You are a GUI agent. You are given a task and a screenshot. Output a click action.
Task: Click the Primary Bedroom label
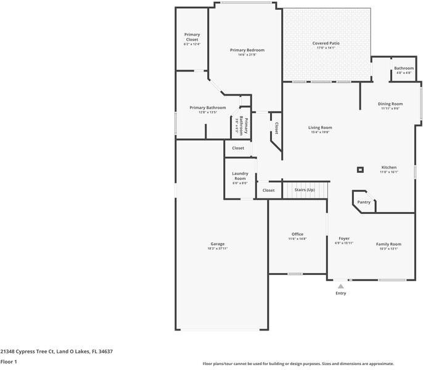pos(247,50)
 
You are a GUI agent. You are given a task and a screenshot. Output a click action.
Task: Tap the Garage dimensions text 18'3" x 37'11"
pos(217,249)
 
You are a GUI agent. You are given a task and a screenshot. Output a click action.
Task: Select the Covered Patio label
pos(326,43)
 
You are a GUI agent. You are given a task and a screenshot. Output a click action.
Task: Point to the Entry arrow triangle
pos(340,286)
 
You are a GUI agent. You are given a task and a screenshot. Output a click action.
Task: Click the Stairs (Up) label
pos(304,190)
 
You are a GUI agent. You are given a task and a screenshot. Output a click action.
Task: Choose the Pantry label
pos(364,202)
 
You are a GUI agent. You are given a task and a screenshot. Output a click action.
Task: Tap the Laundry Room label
pos(240,176)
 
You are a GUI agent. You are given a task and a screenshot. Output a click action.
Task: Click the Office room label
pos(297,234)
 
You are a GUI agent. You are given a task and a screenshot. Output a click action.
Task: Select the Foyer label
pos(344,238)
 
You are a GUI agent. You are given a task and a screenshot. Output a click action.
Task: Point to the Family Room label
pos(388,244)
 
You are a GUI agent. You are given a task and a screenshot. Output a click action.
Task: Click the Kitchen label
pos(388,168)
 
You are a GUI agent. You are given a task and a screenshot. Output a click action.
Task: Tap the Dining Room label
pos(390,104)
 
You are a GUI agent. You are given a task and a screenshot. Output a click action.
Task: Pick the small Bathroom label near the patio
pos(404,68)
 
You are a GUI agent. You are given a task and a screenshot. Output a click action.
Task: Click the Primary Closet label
pos(192,37)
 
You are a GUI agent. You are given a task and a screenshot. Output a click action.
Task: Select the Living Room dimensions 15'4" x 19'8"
pos(320,132)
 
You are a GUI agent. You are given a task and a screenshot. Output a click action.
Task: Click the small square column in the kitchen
pos(361,170)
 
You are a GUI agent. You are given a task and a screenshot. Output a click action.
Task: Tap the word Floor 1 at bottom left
pos(9,361)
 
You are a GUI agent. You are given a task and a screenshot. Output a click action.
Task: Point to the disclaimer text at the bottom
pos(298,364)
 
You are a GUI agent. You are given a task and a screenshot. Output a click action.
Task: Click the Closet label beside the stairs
pos(268,191)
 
